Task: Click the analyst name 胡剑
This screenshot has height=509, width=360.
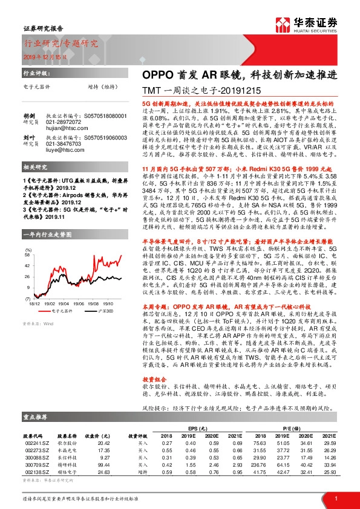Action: click(x=28, y=115)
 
